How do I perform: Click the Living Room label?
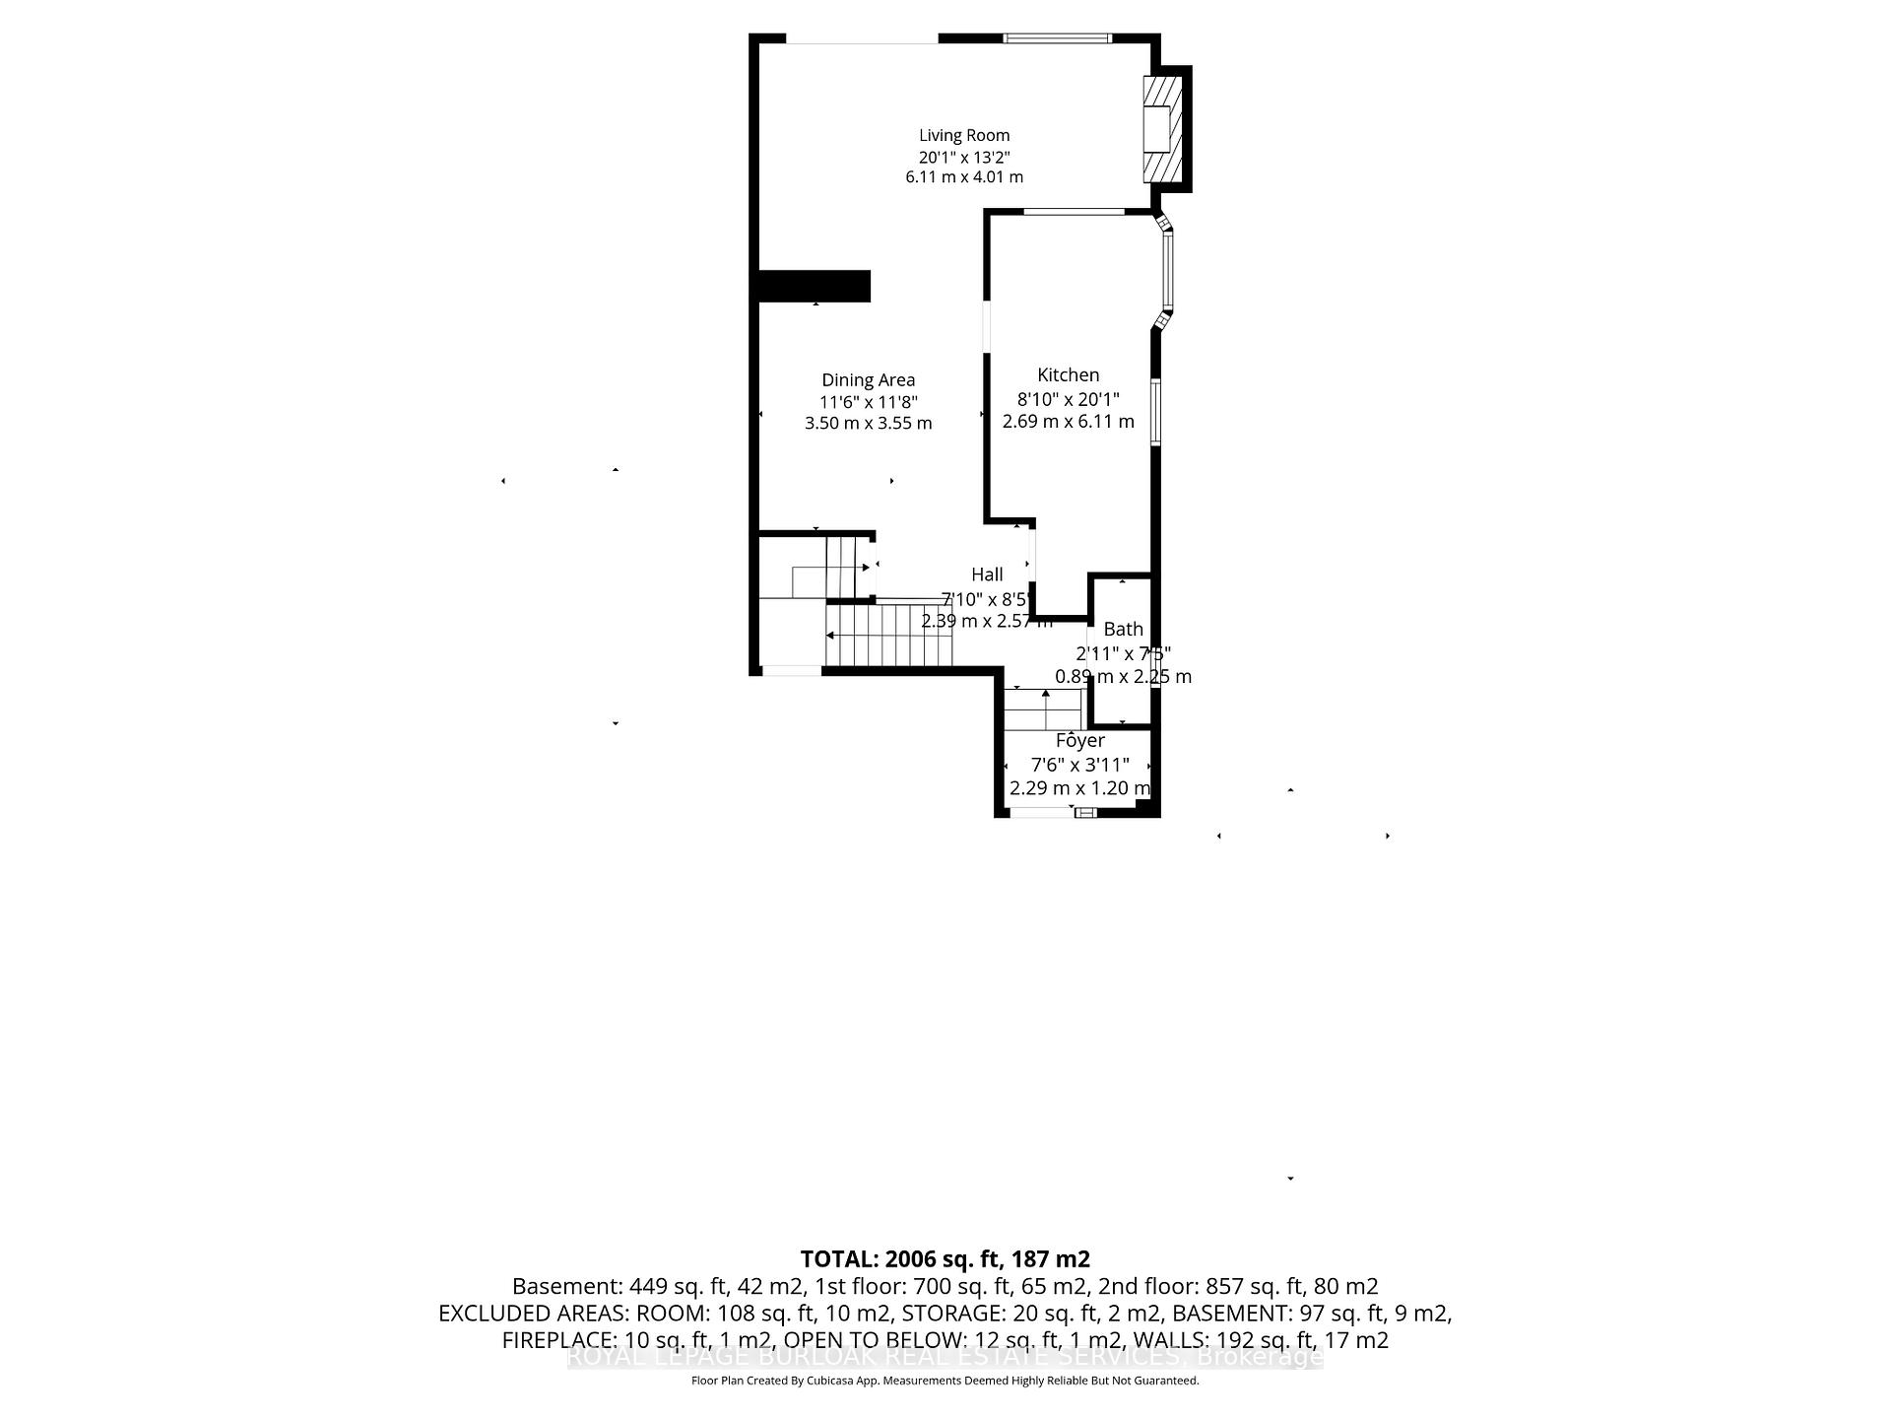click(964, 136)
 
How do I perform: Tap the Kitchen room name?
click(1068, 375)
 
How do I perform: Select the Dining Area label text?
click(868, 380)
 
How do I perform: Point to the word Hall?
click(987, 575)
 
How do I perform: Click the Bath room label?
click(1123, 630)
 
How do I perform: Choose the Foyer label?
click(1079, 741)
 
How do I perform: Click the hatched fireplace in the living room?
click(1159, 128)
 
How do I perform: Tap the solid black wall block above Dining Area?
click(814, 286)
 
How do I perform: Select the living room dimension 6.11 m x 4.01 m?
click(964, 177)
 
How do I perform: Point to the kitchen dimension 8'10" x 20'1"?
click(1068, 399)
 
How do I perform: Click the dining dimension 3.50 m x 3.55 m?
click(868, 424)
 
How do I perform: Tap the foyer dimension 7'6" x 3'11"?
click(1079, 765)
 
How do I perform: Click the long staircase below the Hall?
click(889, 636)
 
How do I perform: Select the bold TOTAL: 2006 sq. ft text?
click(945, 1259)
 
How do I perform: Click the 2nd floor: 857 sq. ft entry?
click(1291, 1287)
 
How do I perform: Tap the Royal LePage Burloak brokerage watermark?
click(945, 1357)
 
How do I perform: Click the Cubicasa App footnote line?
click(945, 1381)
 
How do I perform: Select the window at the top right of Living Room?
click(1057, 39)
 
